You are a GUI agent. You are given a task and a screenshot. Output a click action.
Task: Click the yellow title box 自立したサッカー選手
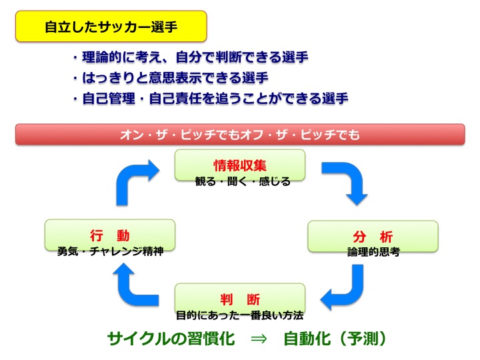pos(111,26)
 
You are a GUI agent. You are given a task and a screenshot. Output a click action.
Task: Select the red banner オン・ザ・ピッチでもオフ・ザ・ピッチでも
pos(240,134)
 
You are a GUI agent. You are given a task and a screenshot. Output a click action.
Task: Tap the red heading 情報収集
pos(240,165)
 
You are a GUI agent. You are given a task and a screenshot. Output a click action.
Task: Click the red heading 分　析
pos(373,237)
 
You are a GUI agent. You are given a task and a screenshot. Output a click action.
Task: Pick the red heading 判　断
pos(240,299)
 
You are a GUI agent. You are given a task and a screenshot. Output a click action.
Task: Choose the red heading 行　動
pos(109,235)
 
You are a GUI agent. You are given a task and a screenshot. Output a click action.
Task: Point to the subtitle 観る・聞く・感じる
pos(243,181)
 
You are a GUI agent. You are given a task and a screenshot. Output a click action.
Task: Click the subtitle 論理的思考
pos(373,252)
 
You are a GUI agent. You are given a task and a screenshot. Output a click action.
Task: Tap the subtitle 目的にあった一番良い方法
pos(240,315)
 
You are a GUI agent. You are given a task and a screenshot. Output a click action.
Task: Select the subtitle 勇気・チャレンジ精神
pos(110,251)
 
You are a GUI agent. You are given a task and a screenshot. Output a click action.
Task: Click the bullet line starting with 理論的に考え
pos(190,57)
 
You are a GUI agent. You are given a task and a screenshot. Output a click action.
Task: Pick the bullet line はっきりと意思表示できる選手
pos(170,77)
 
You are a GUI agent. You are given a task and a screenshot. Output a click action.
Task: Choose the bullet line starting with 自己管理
pos(210,98)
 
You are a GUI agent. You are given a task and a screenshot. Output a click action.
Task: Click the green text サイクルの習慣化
pos(171,339)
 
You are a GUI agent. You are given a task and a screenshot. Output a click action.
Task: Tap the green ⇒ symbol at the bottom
pos(259,339)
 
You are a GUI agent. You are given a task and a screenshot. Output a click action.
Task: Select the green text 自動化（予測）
pos(335,339)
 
